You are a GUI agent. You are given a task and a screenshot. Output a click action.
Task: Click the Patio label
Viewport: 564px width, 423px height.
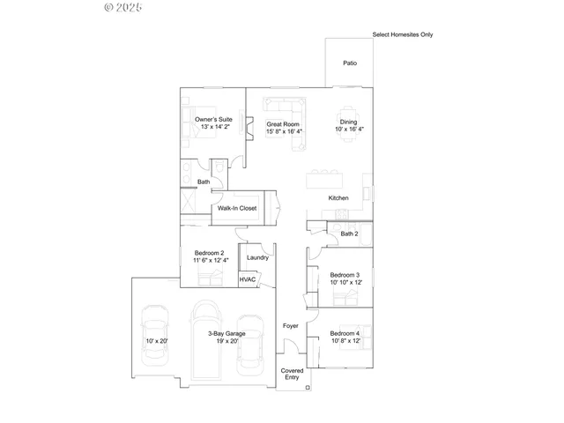[x=350, y=63]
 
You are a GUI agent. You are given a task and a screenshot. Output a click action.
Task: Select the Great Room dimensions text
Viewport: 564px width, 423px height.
[x=284, y=132]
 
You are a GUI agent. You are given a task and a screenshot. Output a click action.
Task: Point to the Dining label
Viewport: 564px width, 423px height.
[x=349, y=122]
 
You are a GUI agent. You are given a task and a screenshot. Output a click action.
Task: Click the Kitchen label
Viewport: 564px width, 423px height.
[x=339, y=198]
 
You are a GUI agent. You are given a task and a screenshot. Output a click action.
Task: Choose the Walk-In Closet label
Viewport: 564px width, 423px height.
[x=237, y=208]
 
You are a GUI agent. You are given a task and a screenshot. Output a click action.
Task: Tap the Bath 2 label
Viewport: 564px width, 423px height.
[x=350, y=234]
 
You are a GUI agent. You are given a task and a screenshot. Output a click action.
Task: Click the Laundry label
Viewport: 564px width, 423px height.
[x=257, y=257]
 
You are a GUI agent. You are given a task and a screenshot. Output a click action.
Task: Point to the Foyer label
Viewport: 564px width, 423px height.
[x=290, y=326]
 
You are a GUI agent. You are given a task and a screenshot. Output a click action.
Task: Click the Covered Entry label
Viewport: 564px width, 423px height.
[x=292, y=375]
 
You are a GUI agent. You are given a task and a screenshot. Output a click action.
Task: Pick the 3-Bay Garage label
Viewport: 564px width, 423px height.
[x=226, y=333]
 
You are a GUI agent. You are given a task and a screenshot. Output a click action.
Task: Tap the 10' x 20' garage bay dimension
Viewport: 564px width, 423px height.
[x=157, y=341]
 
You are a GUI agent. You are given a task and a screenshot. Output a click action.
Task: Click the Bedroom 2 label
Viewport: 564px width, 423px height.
[x=211, y=253]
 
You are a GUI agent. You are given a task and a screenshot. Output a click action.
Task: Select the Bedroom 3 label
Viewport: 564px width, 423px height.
[x=345, y=276]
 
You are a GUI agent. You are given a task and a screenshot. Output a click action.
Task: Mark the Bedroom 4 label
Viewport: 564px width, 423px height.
[x=345, y=333]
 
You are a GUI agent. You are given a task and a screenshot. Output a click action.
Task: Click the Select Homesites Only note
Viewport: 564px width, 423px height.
[x=403, y=35]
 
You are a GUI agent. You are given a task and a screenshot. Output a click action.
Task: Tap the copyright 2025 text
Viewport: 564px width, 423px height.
[x=122, y=8]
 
